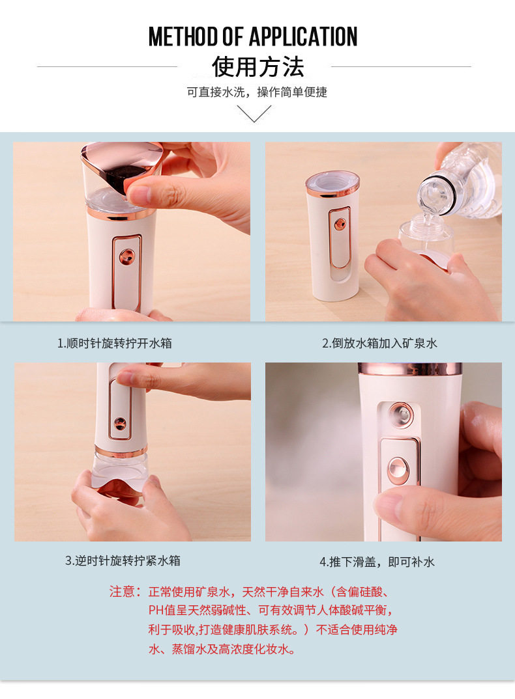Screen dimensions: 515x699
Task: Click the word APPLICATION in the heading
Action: [303, 36]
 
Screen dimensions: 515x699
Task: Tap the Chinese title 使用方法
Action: [257, 67]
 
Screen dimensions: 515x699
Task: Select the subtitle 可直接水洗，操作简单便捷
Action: [257, 92]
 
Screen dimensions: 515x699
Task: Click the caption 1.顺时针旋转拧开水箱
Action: [115, 343]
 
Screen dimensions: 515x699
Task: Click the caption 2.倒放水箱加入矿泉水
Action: [379, 343]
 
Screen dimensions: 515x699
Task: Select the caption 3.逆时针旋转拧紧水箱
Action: [123, 560]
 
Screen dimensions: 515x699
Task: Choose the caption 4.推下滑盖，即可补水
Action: [377, 562]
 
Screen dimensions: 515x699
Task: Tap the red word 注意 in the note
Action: [122, 592]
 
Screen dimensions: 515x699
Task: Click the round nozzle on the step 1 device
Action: [126, 256]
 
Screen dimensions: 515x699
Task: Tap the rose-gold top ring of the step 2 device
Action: [332, 184]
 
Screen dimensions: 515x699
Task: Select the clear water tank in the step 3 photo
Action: [117, 472]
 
